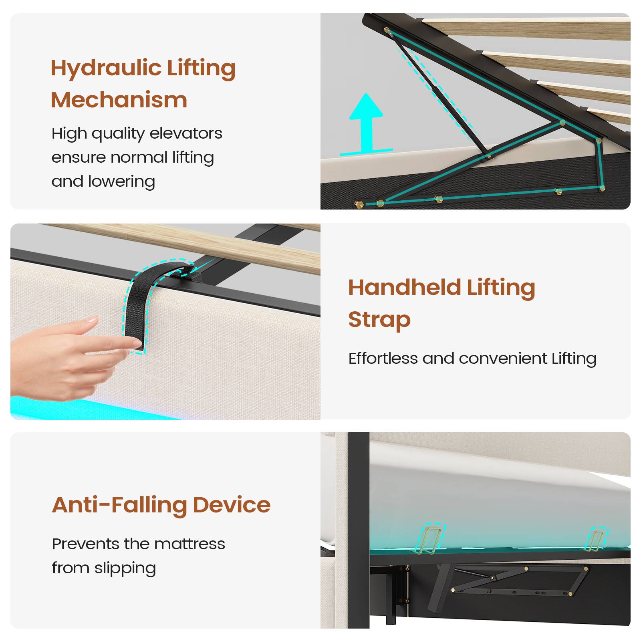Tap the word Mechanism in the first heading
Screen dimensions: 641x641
119,100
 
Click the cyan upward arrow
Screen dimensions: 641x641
366,125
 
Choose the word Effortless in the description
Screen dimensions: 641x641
383,358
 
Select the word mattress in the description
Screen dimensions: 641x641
189,544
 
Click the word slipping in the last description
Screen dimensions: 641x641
125,568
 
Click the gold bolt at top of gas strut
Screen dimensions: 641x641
387,30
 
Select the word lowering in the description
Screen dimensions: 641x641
121,181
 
